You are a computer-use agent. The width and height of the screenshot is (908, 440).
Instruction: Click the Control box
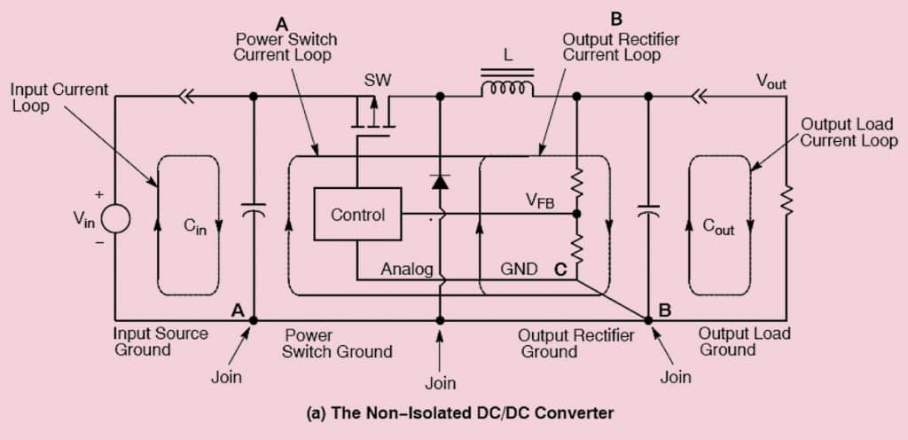pos(357,215)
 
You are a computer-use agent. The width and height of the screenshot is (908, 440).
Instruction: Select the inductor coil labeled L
pos(507,89)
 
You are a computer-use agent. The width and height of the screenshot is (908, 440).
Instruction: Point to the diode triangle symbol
pos(440,182)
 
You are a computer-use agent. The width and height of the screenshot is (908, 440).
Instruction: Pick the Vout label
pos(771,82)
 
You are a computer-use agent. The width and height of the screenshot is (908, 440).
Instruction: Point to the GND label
pos(518,269)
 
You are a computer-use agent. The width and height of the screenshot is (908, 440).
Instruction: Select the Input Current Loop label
pos(59,98)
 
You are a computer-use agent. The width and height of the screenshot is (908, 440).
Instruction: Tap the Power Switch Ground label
pos(338,343)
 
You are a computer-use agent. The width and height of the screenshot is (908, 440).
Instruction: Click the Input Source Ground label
pos(160,342)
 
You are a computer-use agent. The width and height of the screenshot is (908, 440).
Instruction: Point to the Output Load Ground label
pos(745,342)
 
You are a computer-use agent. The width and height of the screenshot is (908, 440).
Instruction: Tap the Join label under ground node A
pos(225,376)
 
